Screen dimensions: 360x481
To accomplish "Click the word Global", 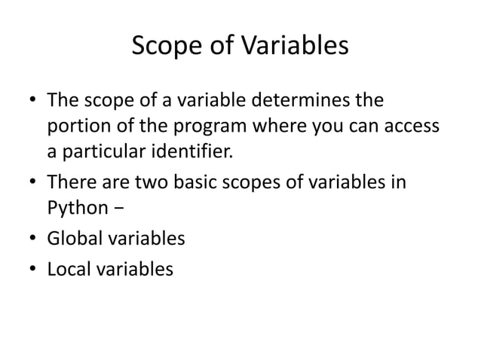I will pos(75,239).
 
